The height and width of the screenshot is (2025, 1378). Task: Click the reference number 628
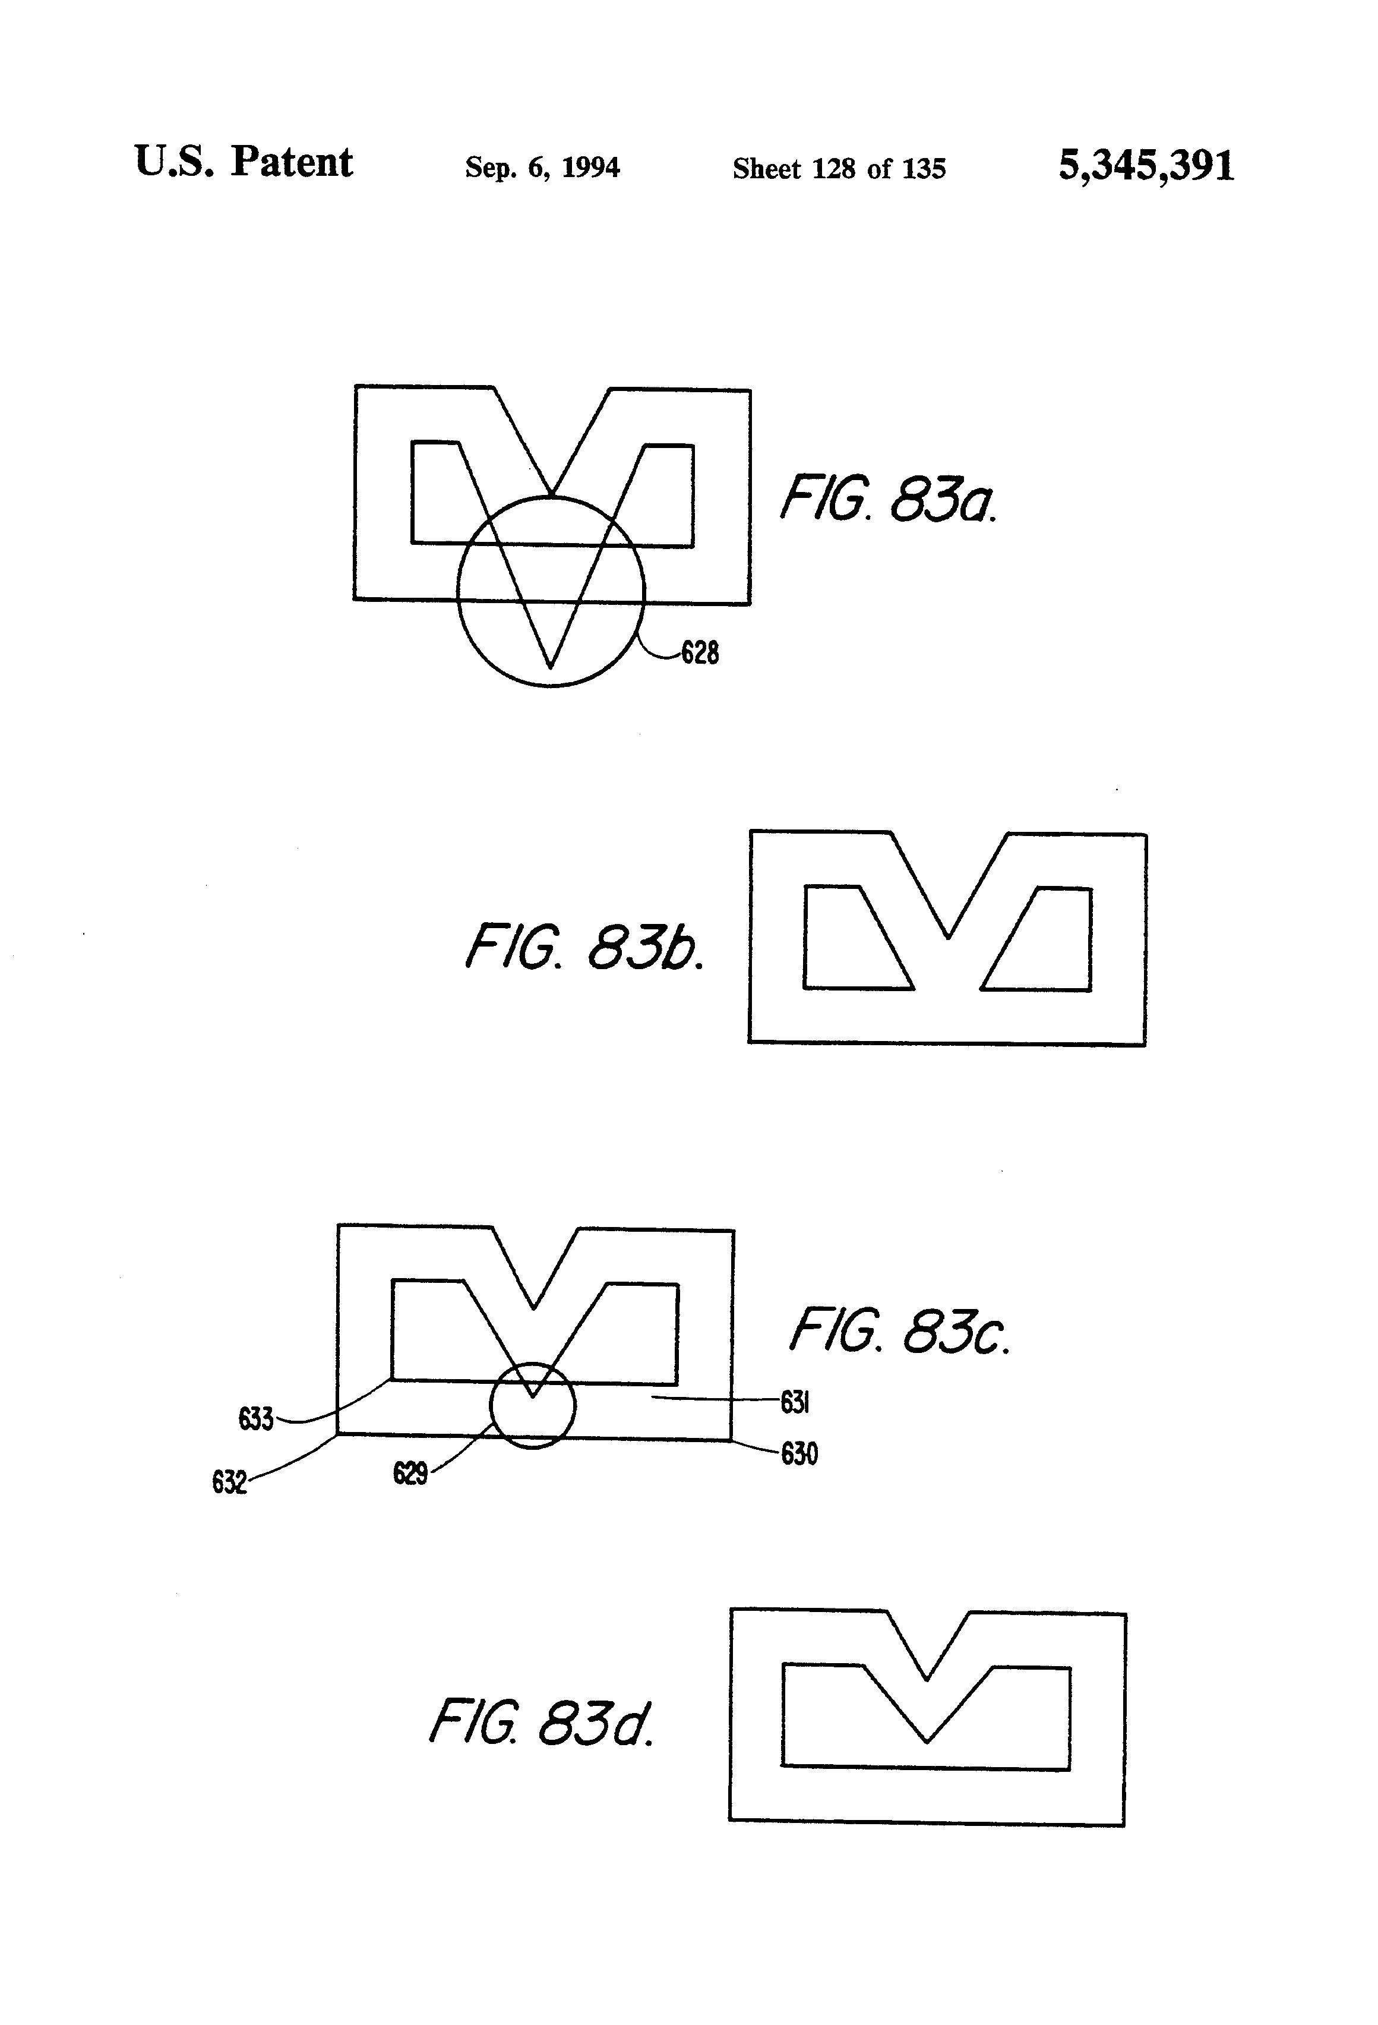coord(700,652)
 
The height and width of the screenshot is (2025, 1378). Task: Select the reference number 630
coord(799,1454)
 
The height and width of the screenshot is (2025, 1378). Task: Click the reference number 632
coord(229,1482)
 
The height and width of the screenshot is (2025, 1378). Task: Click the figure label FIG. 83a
coord(887,499)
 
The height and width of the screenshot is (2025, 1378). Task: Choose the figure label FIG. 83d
coord(541,1723)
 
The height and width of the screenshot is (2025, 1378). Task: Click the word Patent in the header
coord(291,163)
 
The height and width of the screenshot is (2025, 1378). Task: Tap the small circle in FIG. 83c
coord(532,1405)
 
